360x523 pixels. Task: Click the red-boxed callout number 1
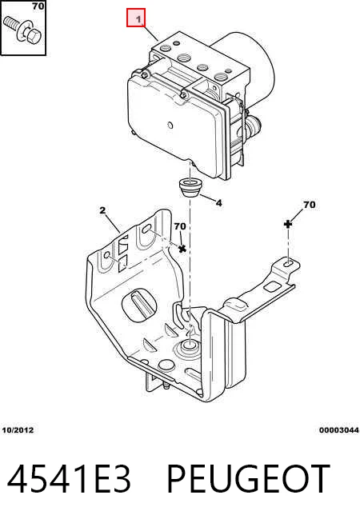click(138, 19)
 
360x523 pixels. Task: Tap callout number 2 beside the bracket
click(102, 210)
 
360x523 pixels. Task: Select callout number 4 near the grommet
click(218, 202)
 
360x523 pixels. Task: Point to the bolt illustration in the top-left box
click(22, 30)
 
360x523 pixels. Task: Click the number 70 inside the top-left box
click(38, 6)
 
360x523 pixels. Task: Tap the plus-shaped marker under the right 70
click(287, 224)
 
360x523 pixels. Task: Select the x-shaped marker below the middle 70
click(182, 249)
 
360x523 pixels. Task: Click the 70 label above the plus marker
click(309, 204)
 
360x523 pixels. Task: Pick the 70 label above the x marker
click(180, 226)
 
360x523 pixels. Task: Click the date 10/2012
click(18, 430)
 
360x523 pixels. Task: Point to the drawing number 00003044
click(338, 430)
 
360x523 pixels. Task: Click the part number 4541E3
click(68, 479)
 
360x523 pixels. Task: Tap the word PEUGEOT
click(248, 479)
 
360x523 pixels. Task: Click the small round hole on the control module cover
click(170, 125)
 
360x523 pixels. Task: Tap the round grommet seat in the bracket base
click(189, 348)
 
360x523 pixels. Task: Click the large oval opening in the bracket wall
click(139, 305)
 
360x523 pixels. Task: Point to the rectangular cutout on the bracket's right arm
click(272, 286)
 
